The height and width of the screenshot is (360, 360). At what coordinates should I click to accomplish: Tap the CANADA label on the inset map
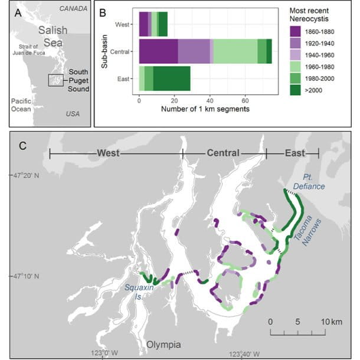73,8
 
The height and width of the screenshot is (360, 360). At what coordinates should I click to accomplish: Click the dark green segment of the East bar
172,78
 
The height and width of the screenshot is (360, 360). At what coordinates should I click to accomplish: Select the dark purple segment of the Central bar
158,51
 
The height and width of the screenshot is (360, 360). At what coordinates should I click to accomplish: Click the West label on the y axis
126,24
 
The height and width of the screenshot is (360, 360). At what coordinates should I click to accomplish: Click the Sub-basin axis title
104,51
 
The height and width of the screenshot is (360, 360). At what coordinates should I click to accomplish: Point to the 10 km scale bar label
331,322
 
